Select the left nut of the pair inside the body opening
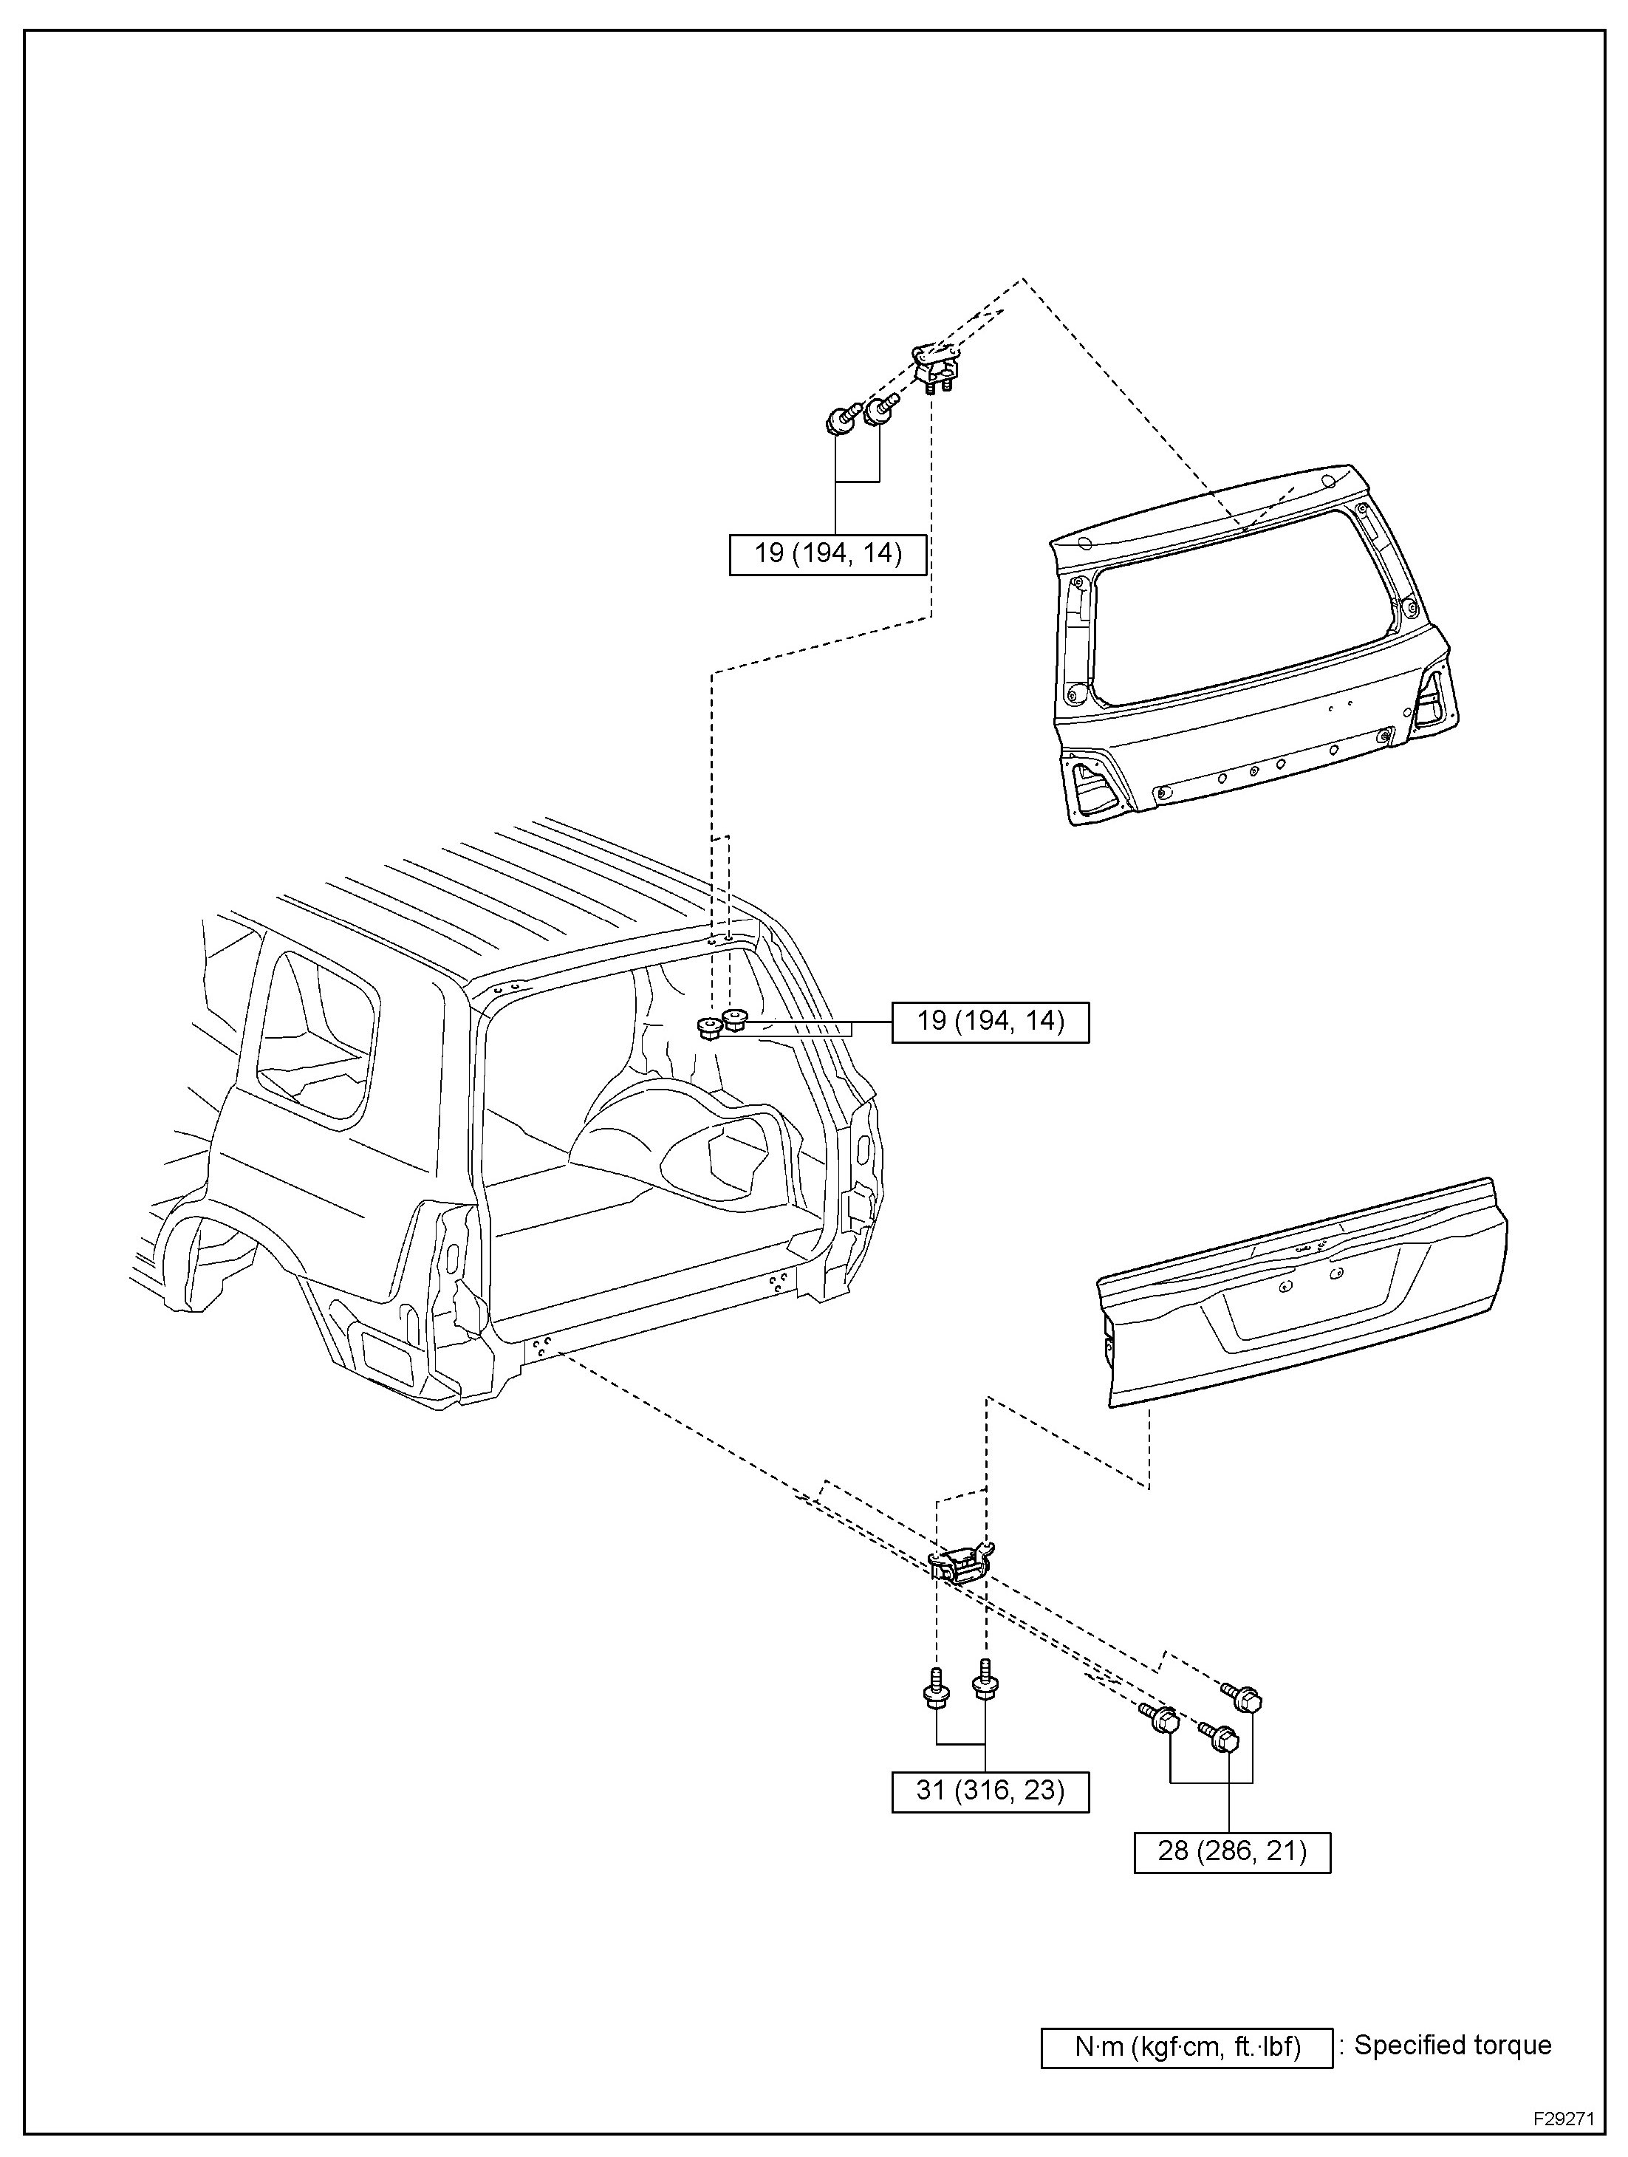(x=710, y=1027)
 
